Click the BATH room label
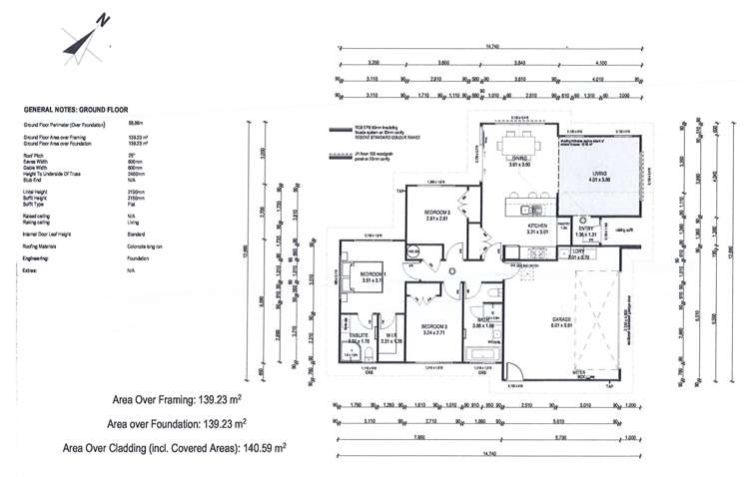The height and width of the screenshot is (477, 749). click(x=483, y=318)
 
